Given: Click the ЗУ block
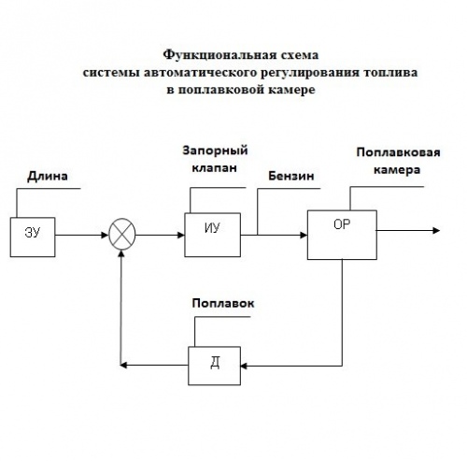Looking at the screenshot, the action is coord(33,238).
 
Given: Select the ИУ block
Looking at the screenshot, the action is coord(212,235).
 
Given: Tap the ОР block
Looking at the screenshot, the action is coord(342,235).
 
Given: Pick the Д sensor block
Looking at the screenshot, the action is coord(214,366).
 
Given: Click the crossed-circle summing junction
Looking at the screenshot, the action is coord(122,234).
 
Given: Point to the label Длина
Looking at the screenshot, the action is coord(48,177).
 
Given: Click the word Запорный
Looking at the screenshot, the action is coord(215,151).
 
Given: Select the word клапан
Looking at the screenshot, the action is coord(214,168).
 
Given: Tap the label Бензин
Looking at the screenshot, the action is coord(291,176).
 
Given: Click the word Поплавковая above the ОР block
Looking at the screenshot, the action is coord(398,152).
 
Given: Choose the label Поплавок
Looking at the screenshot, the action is coord(223,303).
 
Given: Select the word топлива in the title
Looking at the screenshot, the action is coord(390,73).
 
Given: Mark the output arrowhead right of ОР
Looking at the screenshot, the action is coord(436,230).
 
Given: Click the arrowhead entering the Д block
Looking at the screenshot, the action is coord(244,366).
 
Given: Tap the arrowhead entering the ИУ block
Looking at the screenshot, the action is coord(181,235).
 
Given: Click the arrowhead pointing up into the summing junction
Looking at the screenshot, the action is coord(121,253).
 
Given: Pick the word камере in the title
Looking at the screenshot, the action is coord(291,90).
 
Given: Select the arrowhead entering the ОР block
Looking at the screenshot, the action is coord(304,235).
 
